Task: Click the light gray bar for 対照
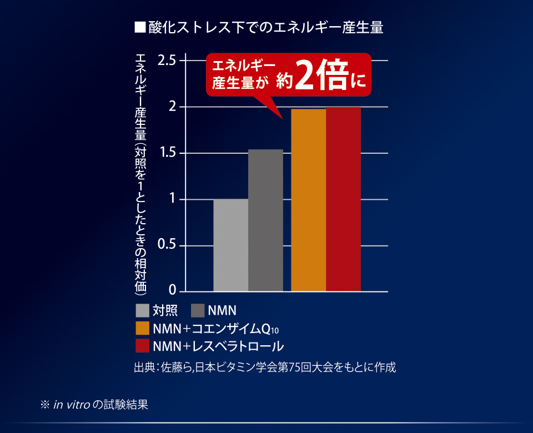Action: pyautogui.click(x=230, y=245)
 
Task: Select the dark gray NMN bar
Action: pyautogui.click(x=265, y=220)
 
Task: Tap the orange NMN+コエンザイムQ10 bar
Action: pyautogui.click(x=308, y=200)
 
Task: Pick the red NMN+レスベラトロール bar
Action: pyautogui.click(x=343, y=199)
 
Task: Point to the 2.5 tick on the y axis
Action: pyautogui.click(x=167, y=60)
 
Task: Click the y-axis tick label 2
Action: pyautogui.click(x=173, y=106)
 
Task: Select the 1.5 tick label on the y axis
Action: pyautogui.click(x=167, y=153)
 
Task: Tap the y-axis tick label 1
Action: pyautogui.click(x=173, y=199)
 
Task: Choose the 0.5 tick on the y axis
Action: pyautogui.click(x=167, y=245)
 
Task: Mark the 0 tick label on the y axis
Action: pyautogui.click(x=173, y=290)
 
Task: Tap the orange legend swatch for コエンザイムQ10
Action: pyautogui.click(x=142, y=328)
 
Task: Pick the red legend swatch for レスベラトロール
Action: pyautogui.click(x=142, y=346)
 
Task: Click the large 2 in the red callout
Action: pyautogui.click(x=304, y=75)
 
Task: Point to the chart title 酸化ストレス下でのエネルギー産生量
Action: pyautogui.click(x=266, y=28)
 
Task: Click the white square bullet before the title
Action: pyautogui.click(x=140, y=27)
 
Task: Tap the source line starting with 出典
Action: pyautogui.click(x=265, y=367)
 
